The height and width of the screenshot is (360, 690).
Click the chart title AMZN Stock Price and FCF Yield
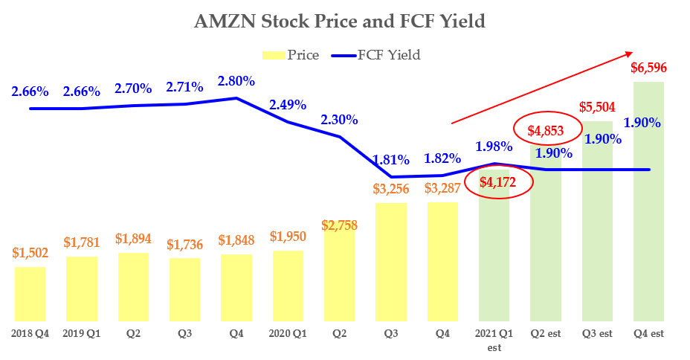point(339,22)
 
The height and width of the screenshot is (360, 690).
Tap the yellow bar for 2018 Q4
point(30,294)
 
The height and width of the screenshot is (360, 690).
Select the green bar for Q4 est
point(648,201)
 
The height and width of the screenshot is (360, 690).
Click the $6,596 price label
point(648,68)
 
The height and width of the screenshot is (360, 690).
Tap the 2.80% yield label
point(237,81)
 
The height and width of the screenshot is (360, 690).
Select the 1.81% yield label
point(392,159)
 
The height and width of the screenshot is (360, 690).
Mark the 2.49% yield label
point(288,105)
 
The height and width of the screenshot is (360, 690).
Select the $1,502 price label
point(30,253)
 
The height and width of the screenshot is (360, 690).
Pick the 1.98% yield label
point(494,145)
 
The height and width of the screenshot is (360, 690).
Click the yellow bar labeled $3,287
point(442,261)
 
